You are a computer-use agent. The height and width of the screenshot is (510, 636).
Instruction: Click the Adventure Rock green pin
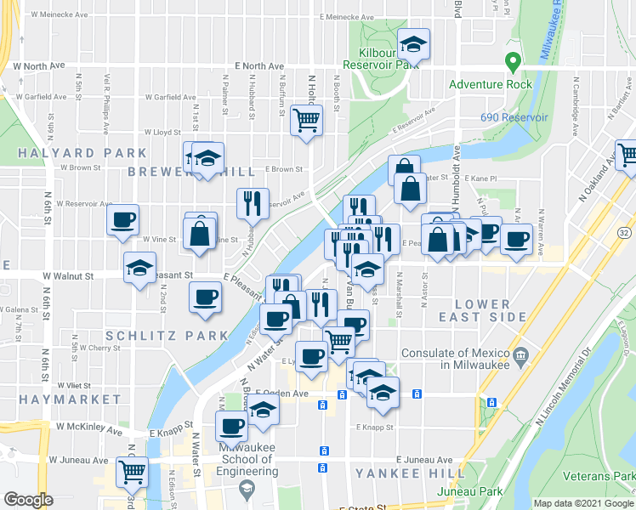(x=513, y=63)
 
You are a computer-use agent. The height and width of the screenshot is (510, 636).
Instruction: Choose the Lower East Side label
(x=482, y=310)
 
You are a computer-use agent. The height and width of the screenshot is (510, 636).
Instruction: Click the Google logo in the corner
(x=28, y=500)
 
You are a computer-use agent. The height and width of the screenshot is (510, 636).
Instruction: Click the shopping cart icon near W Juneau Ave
(x=132, y=470)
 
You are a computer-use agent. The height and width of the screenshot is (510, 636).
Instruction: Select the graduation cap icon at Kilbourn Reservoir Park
(x=413, y=42)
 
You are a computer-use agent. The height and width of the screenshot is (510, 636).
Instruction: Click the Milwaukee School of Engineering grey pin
(x=247, y=487)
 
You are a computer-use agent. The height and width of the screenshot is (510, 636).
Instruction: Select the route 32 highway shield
(x=624, y=232)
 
